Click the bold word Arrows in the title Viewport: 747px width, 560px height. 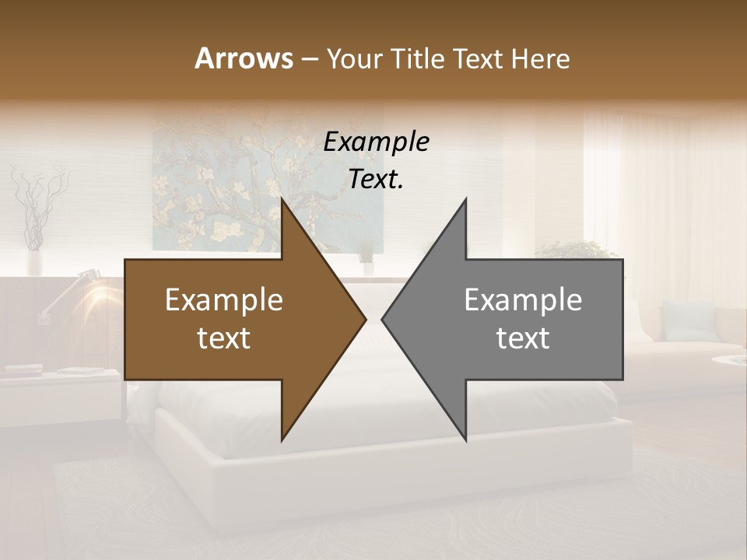[x=244, y=58]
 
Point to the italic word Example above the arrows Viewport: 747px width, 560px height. [x=376, y=142]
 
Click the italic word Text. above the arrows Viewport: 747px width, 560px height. [x=376, y=179]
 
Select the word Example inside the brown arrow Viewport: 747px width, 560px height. [x=224, y=300]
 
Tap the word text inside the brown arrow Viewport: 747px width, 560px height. [x=224, y=338]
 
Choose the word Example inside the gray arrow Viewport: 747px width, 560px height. [x=523, y=300]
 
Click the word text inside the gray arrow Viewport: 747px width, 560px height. [x=523, y=338]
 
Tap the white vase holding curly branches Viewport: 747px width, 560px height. [x=34, y=261]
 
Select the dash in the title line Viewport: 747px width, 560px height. [x=309, y=60]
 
